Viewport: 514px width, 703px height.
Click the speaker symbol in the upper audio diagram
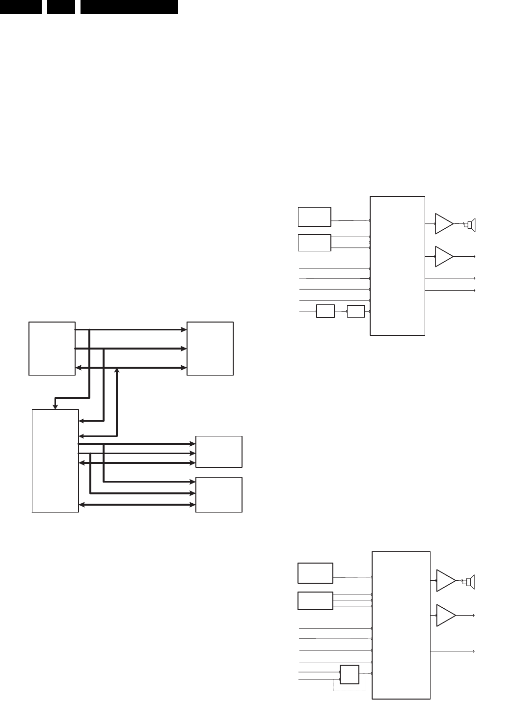tap(470, 225)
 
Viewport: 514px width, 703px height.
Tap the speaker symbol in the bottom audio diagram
tap(470, 582)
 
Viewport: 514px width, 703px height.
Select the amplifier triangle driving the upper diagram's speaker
tap(443, 224)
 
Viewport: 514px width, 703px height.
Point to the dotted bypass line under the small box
tap(350, 691)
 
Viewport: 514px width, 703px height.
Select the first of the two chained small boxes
tap(325, 311)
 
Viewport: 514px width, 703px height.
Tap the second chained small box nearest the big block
tap(356, 311)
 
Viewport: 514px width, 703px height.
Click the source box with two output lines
tap(314, 243)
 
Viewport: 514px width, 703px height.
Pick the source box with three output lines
tap(315, 600)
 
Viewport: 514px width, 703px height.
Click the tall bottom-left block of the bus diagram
tap(55, 460)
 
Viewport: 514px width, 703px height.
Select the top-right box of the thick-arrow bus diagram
tap(210, 349)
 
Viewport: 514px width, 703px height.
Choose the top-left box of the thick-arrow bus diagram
tap(52, 349)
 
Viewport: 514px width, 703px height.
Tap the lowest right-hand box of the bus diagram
tap(218, 494)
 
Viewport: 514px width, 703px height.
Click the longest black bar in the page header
tap(129, 6)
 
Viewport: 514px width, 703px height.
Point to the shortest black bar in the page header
tap(60, 6)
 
